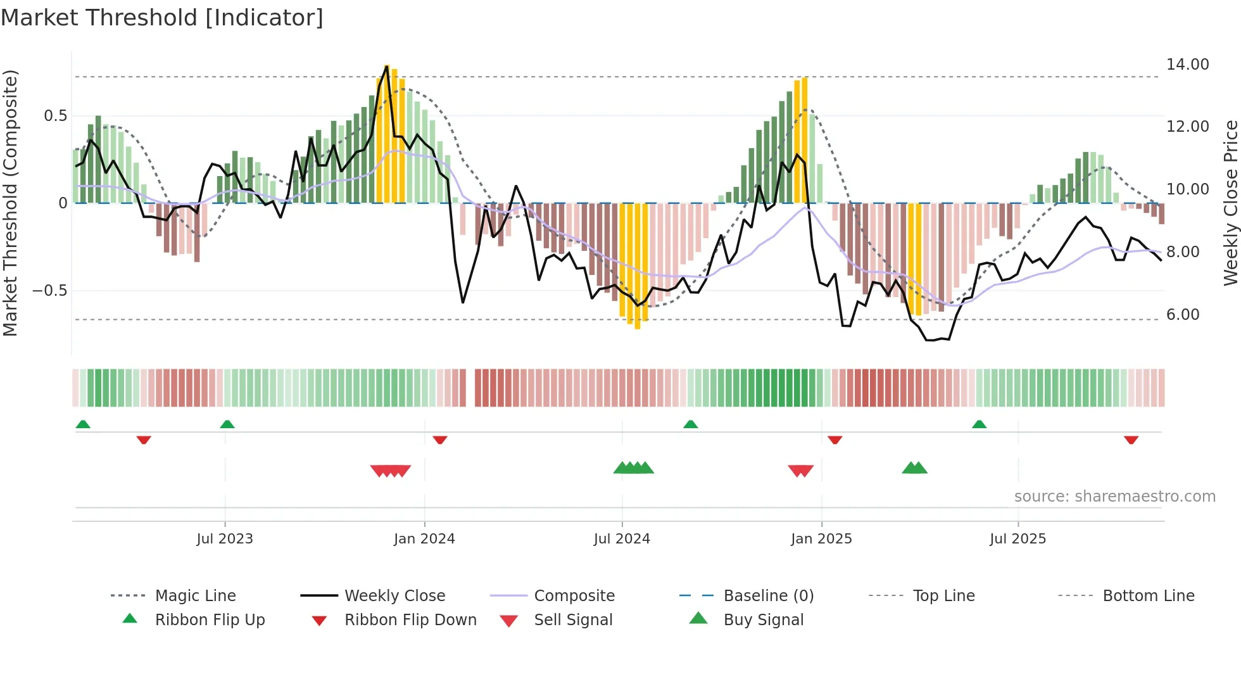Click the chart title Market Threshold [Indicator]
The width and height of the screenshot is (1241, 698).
coord(162,18)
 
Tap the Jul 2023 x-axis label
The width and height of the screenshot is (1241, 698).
coord(225,539)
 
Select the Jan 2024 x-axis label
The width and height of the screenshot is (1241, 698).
coord(424,539)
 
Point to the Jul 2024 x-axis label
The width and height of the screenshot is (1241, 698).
coord(622,539)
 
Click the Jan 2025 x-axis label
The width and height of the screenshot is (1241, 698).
coord(821,539)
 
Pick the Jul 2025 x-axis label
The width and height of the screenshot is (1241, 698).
coord(1018,539)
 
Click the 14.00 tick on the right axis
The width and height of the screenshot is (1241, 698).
coord(1187,65)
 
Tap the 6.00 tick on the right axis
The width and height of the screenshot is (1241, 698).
coord(1183,315)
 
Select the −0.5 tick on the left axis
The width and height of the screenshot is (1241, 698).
coord(49,291)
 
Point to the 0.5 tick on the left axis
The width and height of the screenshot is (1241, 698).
coord(55,116)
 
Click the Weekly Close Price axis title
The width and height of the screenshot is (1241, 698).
coord(1230,203)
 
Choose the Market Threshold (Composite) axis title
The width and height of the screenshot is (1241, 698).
coord(10,203)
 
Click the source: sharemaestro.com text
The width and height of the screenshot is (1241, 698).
coord(1114,497)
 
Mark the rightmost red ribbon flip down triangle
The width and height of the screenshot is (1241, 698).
coord(1131,440)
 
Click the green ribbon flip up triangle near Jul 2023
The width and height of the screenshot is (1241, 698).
coord(227,424)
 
